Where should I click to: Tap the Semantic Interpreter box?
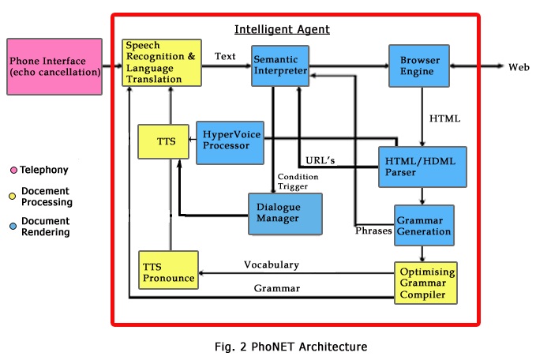[279, 66]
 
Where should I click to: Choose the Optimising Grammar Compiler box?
[425, 283]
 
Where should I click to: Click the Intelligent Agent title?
[282, 30]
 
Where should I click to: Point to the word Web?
[518, 68]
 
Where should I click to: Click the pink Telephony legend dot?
[13, 170]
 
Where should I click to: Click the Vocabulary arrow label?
[272, 264]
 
